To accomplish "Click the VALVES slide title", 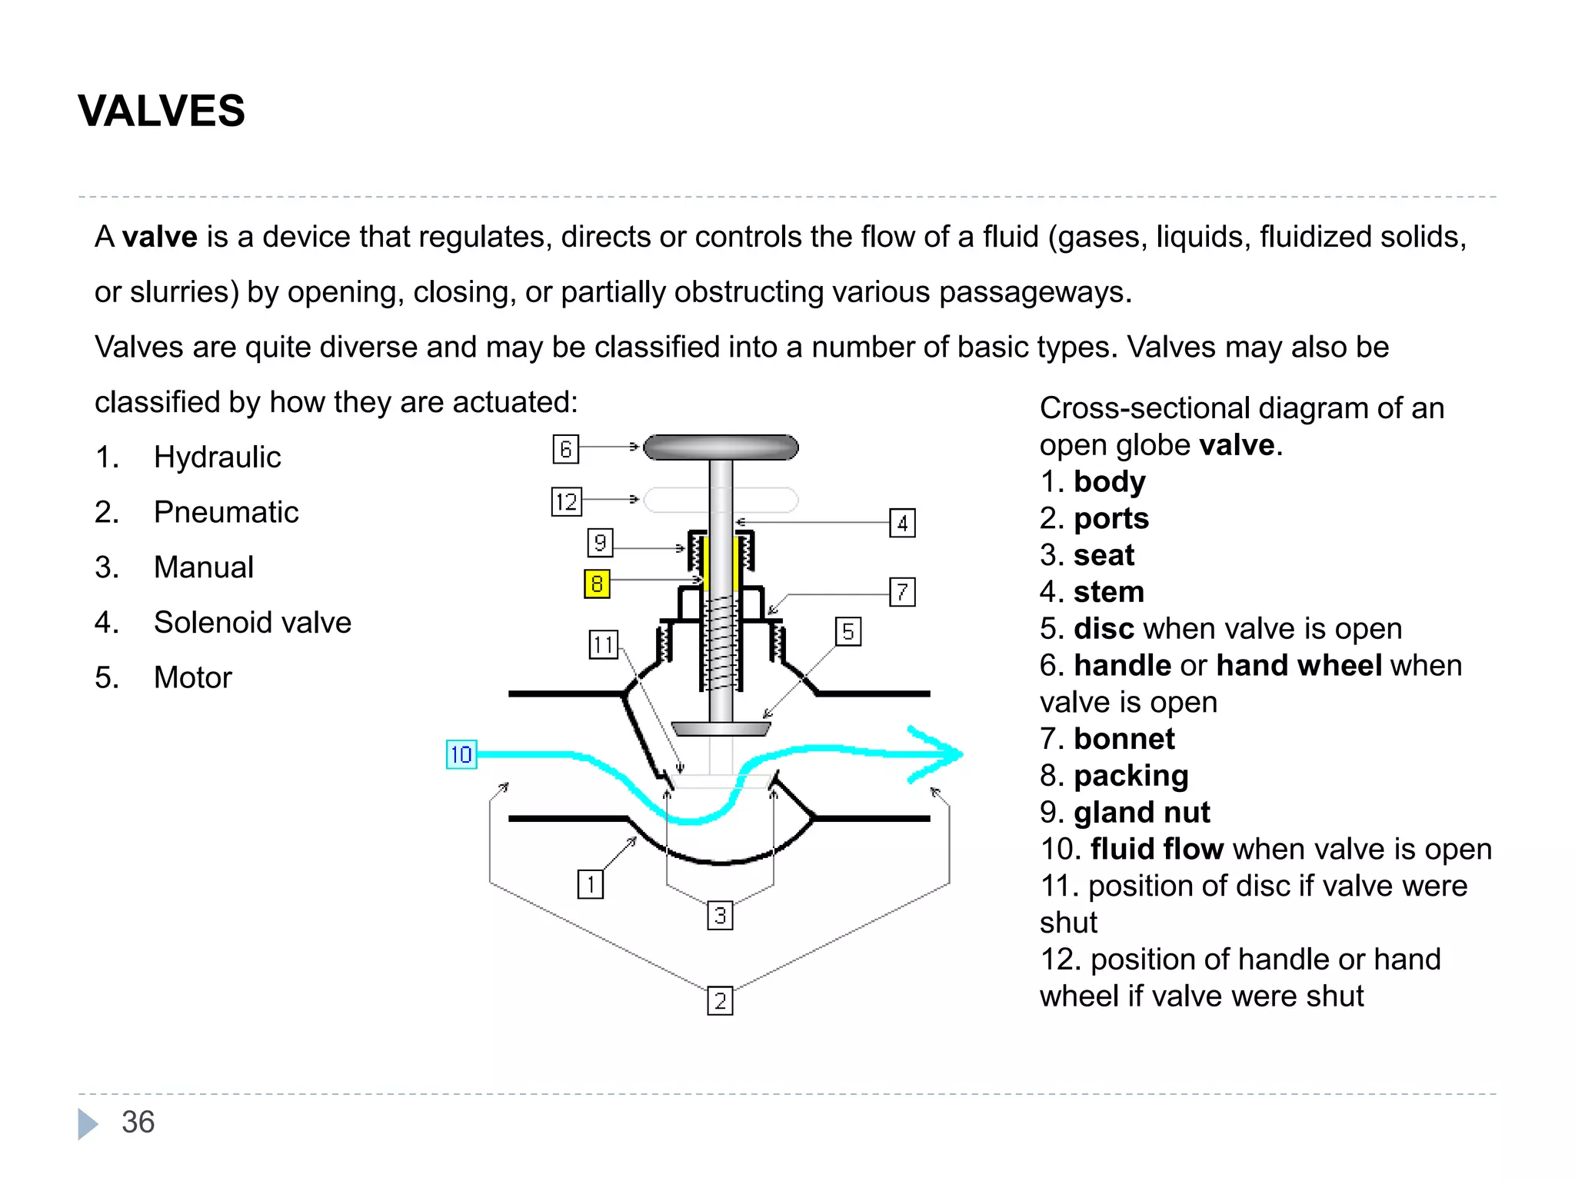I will (161, 111).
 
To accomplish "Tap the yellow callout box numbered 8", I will (597, 584).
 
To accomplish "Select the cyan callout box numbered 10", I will (461, 754).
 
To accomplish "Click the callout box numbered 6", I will (565, 449).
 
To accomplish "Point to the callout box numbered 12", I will (566, 502).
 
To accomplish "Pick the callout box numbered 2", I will (720, 1001).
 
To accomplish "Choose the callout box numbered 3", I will (720, 916).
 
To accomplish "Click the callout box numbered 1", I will (590, 884).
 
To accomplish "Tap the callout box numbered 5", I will (847, 632).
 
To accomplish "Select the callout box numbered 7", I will (902, 592).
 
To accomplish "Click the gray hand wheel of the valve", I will (721, 447).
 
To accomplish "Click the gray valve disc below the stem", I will (721, 728).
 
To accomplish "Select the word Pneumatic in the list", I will (226, 512).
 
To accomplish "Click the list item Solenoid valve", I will (252, 622).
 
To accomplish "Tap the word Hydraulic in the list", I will (217, 457).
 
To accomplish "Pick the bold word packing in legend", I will (1130, 776).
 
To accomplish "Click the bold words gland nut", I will (1141, 813).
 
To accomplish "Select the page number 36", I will (138, 1123).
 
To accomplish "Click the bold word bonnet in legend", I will (1124, 739).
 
